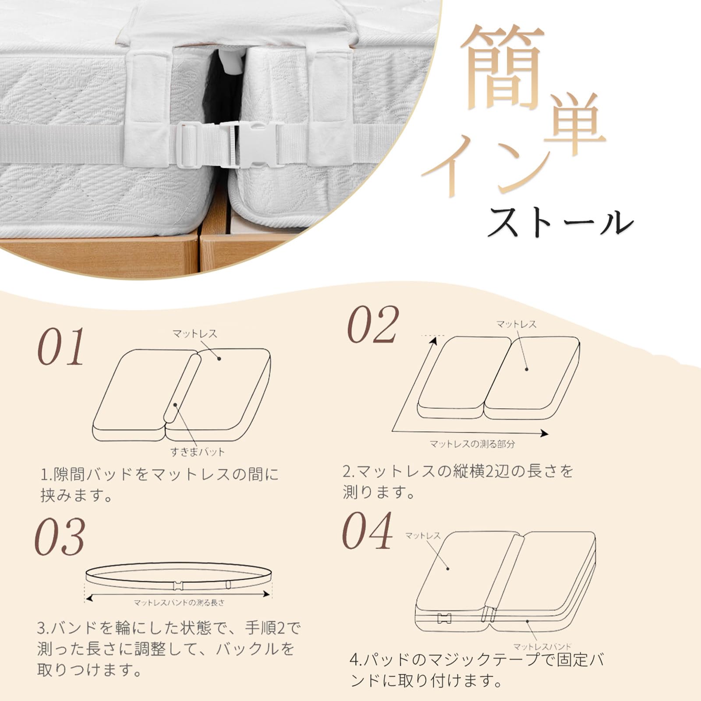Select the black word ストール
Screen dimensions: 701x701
tap(561, 222)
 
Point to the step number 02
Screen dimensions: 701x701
tap(373, 325)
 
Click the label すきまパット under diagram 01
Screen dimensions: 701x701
tap(197, 452)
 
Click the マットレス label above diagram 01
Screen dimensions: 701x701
tap(195, 333)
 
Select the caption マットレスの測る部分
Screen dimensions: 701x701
tap(472, 444)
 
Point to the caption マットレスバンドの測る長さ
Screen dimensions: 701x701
tap(179, 603)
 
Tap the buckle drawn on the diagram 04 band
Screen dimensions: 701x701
tap(444, 618)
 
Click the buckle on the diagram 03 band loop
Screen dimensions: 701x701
tap(178, 585)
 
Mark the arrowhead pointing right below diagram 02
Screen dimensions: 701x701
tap(544, 433)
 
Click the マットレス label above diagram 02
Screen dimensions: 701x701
tap(516, 324)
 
